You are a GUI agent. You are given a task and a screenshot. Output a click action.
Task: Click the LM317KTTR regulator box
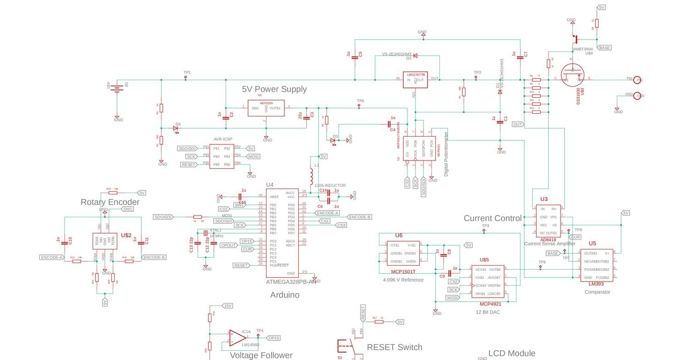[415, 80]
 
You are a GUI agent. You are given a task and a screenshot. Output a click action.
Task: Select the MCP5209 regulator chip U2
[266, 108]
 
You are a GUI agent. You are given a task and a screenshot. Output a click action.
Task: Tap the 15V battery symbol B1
[117, 87]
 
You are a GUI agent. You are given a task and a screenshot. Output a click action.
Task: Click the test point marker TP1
[186, 77]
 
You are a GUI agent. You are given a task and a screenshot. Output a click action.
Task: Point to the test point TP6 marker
[359, 106]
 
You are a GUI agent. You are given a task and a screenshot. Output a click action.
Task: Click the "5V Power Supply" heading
[274, 89]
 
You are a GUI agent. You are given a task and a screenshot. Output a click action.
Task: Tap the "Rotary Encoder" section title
[110, 202]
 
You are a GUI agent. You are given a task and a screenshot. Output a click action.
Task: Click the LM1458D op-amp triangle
[237, 338]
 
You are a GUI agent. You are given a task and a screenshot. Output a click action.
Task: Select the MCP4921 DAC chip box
[488, 281]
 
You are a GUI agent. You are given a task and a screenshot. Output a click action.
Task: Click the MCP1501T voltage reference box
[403, 253]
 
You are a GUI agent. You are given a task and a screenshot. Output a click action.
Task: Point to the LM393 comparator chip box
[596, 265]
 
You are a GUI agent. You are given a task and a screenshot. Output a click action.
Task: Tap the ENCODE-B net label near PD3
[359, 217]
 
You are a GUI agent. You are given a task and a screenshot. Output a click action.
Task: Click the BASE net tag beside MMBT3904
[604, 48]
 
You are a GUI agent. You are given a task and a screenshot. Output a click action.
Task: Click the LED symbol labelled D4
[176, 128]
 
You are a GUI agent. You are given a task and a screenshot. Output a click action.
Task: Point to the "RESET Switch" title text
[394, 347]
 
